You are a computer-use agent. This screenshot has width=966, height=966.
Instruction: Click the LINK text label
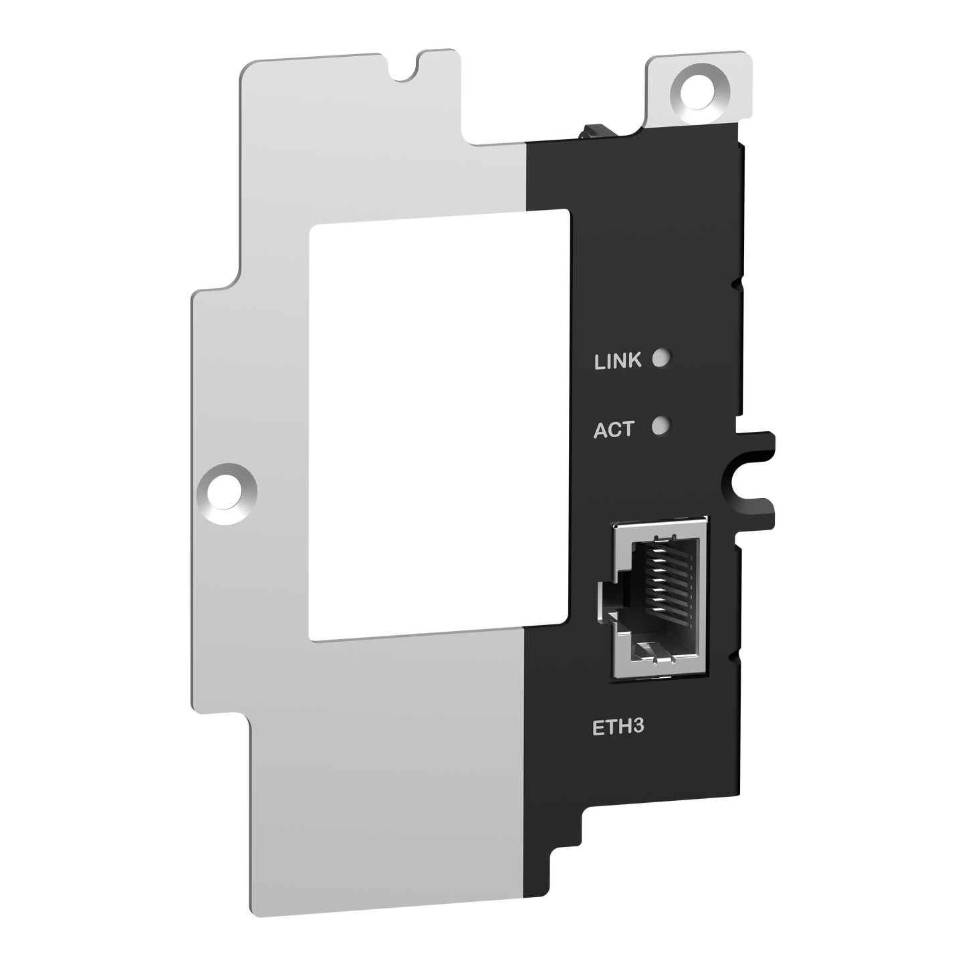pos(617,362)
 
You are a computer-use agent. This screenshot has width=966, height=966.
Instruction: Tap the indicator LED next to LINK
pos(660,358)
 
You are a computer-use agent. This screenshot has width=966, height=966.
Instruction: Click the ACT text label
pos(613,429)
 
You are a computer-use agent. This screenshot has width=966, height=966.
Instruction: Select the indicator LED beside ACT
pos(660,425)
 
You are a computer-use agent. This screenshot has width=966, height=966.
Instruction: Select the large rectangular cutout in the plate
pos(440,422)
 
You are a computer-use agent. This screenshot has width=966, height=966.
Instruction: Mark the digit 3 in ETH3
pos(637,727)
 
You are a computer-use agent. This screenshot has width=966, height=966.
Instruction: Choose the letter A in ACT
pos(601,430)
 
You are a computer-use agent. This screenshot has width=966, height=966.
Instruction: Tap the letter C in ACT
pos(614,430)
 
